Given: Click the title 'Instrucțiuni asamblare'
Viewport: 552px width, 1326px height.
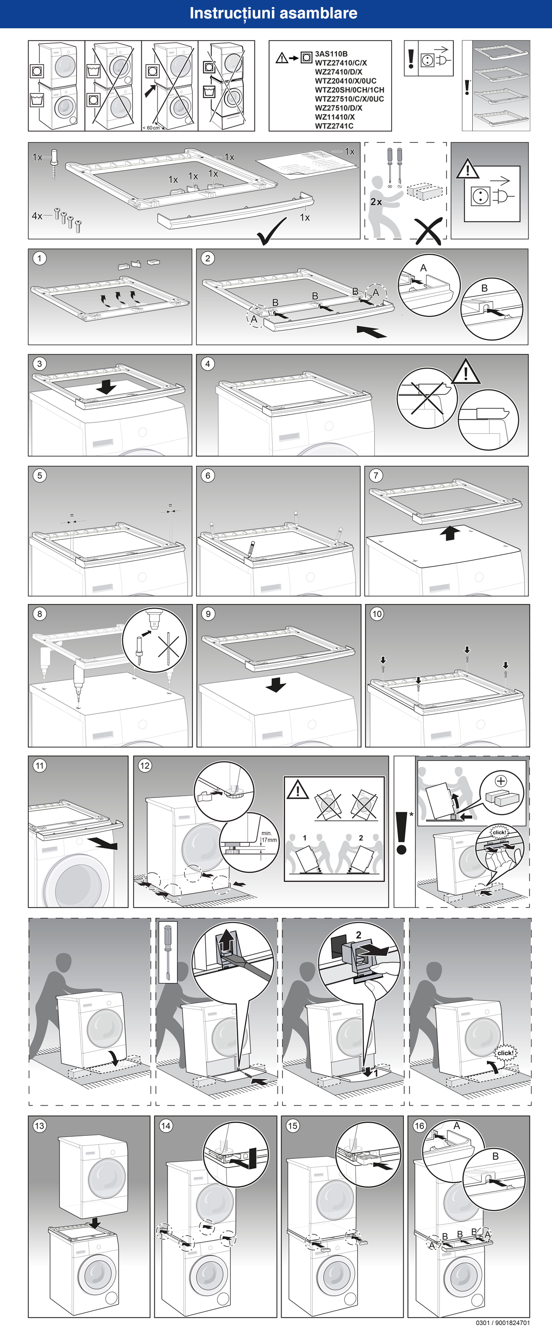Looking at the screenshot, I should [273, 13].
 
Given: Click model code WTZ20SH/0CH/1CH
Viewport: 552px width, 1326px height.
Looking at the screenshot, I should [349, 90].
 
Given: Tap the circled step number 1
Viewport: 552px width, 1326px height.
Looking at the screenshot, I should [40, 259].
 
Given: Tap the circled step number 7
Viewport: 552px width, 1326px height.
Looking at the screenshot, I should [376, 476].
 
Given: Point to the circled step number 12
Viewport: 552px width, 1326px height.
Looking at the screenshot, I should [144, 765].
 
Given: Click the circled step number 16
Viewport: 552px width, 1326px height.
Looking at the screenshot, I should [419, 1126].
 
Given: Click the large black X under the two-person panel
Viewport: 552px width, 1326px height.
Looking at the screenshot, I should [428, 231].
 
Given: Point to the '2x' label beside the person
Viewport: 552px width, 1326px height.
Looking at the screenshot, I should [376, 202].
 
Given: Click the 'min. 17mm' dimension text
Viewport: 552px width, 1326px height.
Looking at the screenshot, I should [268, 837].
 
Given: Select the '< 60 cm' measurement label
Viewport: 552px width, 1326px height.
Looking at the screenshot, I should [151, 128].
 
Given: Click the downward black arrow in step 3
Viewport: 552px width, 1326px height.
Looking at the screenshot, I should [106, 386].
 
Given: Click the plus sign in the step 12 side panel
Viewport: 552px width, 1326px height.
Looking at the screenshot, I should [501, 781].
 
